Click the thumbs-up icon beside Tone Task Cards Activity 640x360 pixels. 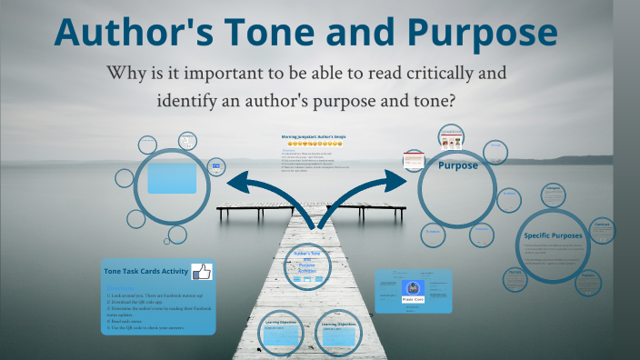pyautogui.click(x=200, y=271)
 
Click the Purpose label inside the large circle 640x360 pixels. pyautogui.click(x=458, y=166)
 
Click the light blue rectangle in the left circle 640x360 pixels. pyautogui.click(x=172, y=177)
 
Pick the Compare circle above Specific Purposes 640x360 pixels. pyautogui.click(x=554, y=194)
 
